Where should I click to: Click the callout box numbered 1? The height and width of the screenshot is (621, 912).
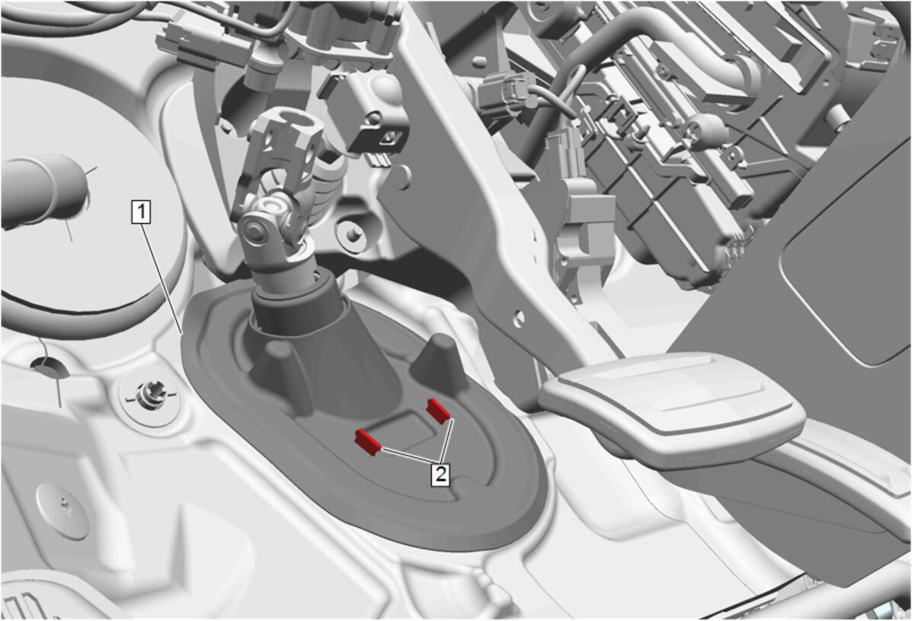tap(142, 212)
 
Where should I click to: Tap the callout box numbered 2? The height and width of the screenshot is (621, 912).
tap(441, 474)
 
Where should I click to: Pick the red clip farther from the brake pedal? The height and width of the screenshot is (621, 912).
tap(367, 441)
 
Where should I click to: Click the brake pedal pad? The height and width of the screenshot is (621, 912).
tap(672, 402)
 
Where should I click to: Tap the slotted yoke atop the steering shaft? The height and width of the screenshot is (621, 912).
tap(284, 142)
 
